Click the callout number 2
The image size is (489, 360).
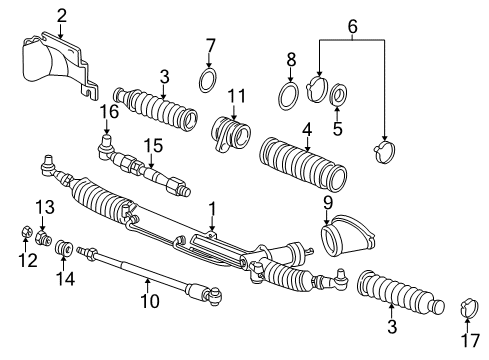pos(62,16)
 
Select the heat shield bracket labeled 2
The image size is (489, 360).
pos(60,65)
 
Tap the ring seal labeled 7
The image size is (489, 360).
pos(208,80)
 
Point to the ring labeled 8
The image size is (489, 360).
pos(289,96)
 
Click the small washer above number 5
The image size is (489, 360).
pos(338,94)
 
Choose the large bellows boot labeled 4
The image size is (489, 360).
pos(303,163)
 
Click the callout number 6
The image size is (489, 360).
pos(352,26)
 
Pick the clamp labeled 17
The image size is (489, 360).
pos(470,308)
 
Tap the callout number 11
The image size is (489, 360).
pos(236,96)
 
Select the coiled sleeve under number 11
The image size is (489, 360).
pos(231,133)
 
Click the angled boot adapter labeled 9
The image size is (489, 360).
pos(348,237)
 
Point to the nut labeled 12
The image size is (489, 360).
pos(26,231)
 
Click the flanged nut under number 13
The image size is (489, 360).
pos(43,237)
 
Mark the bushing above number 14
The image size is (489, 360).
pos(64,247)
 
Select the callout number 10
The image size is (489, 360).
pos(150,301)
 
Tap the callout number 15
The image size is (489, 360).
pos(153,146)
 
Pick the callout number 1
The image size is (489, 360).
pos(212,209)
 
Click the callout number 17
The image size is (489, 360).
pos(470,340)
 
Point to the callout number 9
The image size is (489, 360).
pos(328,203)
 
